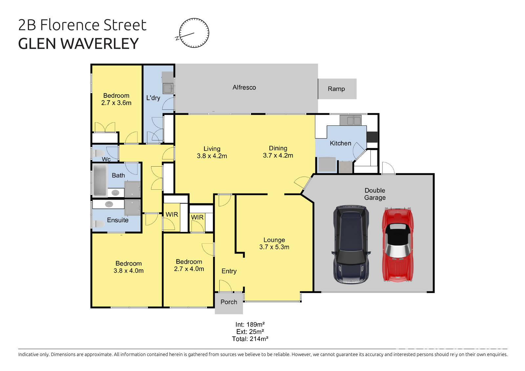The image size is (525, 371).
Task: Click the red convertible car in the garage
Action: (398, 244)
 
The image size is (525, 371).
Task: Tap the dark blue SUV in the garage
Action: (351, 244)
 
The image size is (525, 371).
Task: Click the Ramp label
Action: (336, 89)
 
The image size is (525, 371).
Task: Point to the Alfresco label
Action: (244, 87)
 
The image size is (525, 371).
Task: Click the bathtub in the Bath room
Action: (100, 180)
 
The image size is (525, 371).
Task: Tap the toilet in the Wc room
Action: (98, 153)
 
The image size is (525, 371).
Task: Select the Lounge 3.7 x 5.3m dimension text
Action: (274, 247)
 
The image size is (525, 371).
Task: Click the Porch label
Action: (229, 302)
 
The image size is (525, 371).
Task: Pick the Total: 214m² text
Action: (250, 339)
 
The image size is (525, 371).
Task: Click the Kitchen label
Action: (340, 143)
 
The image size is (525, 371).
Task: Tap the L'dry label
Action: (153, 98)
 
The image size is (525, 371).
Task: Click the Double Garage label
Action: (375, 194)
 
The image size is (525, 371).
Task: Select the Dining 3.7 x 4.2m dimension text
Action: (278, 155)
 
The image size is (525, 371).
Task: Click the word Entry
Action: (229, 271)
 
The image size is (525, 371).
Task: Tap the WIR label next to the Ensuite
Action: (172, 215)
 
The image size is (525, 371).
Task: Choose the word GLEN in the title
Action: (37, 44)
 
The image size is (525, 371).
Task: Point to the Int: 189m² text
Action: (250, 325)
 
